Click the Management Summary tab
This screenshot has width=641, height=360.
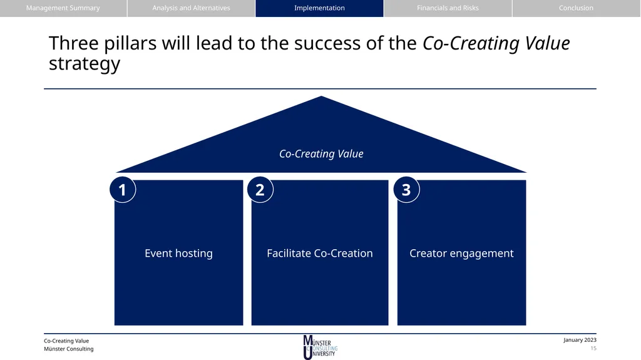pyautogui.click(x=63, y=8)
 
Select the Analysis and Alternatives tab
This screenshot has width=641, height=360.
pyautogui.click(x=192, y=8)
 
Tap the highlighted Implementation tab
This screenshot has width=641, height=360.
pyautogui.click(x=320, y=8)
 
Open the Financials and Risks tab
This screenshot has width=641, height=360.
pyautogui.click(x=448, y=8)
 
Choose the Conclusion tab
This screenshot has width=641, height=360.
pyautogui.click(x=576, y=8)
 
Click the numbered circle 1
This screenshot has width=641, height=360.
pyautogui.click(x=123, y=190)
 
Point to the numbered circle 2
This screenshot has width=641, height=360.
pyautogui.click(x=260, y=190)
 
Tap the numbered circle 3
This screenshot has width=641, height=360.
pyautogui.click(x=406, y=190)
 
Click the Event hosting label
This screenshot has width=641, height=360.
pyautogui.click(x=178, y=253)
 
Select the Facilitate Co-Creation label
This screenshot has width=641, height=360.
pyautogui.click(x=320, y=253)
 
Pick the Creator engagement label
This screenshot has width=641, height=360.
pyautogui.click(x=461, y=253)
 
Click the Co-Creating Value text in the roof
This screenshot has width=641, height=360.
pyautogui.click(x=321, y=154)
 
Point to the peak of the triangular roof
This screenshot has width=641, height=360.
pyautogui.click(x=321, y=96)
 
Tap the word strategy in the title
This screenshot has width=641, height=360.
pyautogui.click(x=85, y=64)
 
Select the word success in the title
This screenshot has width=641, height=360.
pyautogui.click(x=327, y=43)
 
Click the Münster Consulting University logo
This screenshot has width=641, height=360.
pyautogui.click(x=320, y=347)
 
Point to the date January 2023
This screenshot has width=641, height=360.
pyautogui.click(x=580, y=340)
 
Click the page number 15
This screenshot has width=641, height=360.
pyautogui.click(x=593, y=349)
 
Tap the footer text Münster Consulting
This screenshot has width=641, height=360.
pyautogui.click(x=69, y=349)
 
